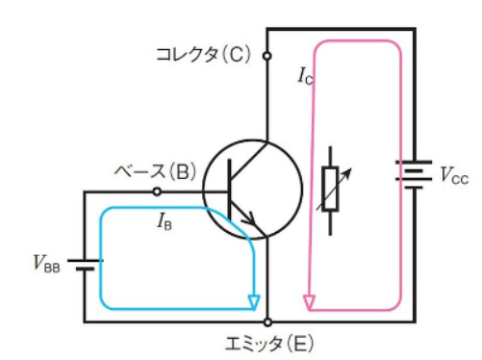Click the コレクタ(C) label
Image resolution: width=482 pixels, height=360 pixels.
tap(203, 55)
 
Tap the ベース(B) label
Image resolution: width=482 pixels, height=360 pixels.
tap(155, 171)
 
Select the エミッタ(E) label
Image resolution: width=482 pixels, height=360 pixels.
tap(269, 344)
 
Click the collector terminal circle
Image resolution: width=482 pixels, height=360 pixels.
tap(266, 56)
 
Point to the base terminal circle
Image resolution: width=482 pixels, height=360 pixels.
tap(157, 192)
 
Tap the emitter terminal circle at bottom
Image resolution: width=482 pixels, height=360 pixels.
tap(267, 322)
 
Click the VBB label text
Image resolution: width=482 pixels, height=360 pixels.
tap(47, 264)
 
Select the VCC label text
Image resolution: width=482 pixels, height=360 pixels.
tap(454, 176)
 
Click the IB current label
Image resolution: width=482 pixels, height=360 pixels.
tap(165, 221)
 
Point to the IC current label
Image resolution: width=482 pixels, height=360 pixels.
tap(305, 76)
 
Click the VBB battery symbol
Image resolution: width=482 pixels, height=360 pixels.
tap(86, 265)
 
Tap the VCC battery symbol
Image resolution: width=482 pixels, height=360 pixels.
tap(414, 174)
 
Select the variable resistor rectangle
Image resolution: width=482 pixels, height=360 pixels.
tap(330, 189)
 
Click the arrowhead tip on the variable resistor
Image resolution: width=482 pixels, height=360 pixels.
tap(351, 168)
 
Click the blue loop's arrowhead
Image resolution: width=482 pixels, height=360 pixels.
tap(254, 303)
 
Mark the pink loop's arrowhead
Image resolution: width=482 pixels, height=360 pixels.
tap(309, 303)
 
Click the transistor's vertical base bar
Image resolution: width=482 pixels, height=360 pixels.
tap(230, 189)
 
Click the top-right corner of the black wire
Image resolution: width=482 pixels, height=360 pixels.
tap(416, 29)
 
